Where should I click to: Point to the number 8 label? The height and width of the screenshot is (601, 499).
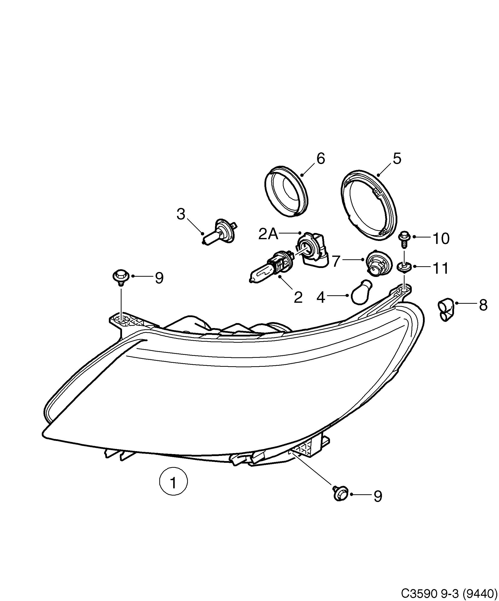tap(483, 305)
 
